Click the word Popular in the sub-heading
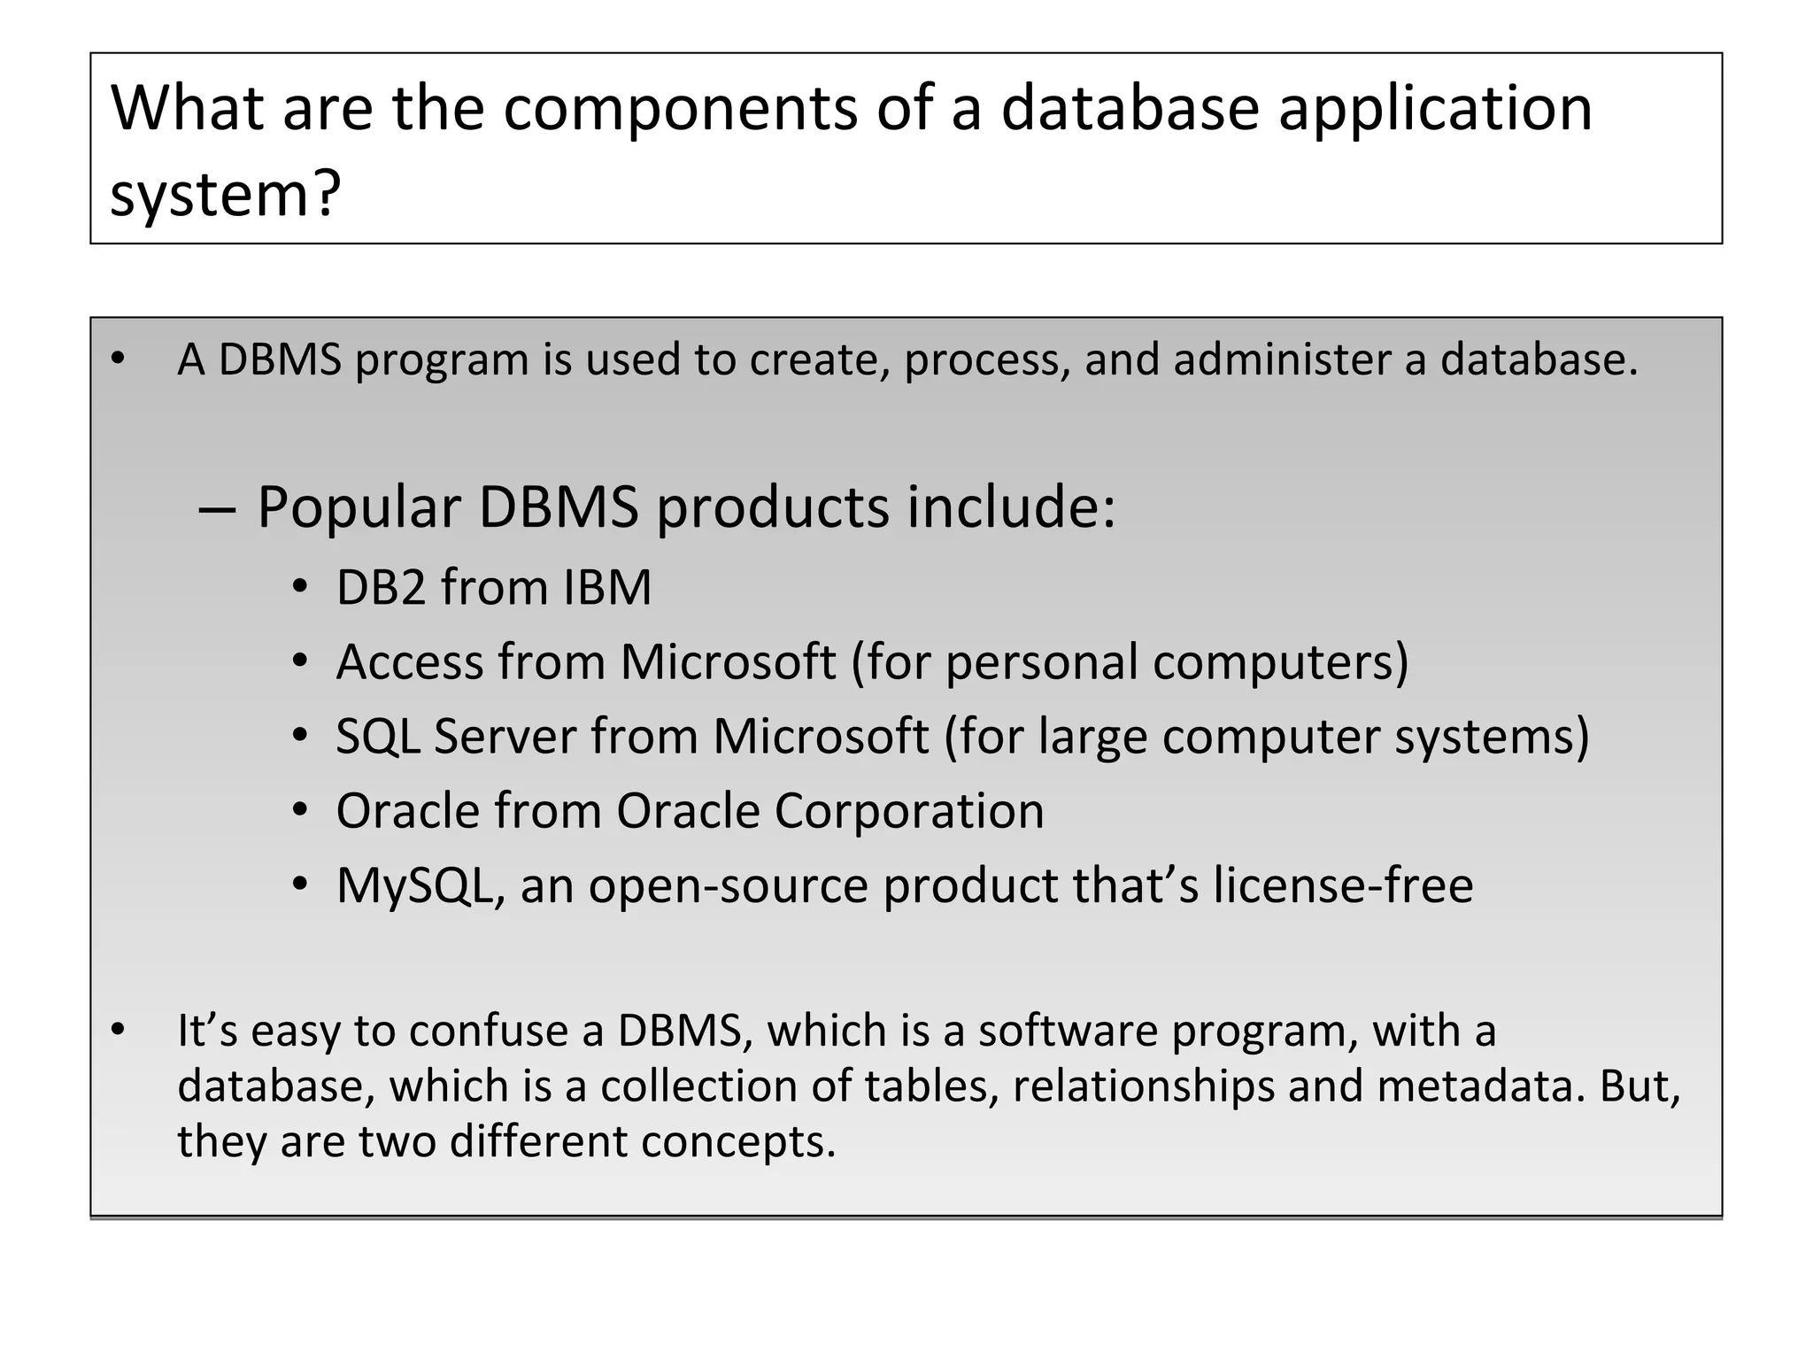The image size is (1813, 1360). coord(359,508)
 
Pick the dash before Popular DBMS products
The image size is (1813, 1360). coord(217,510)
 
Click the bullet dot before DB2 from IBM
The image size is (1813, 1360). coord(300,587)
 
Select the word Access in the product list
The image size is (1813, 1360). coord(410,662)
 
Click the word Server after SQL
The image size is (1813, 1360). coord(505,737)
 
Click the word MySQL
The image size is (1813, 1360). coord(413,885)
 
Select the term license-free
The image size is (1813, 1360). coord(1343,885)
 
